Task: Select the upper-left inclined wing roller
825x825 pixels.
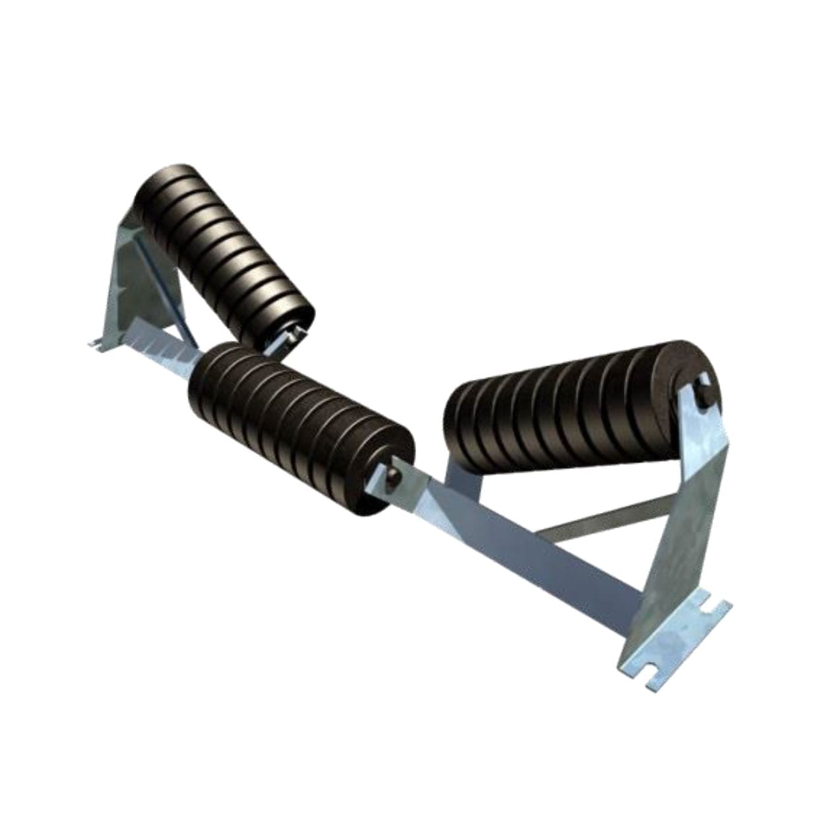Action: point(224,251)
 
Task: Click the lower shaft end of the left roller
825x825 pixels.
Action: point(290,336)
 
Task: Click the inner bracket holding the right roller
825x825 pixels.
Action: point(462,488)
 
